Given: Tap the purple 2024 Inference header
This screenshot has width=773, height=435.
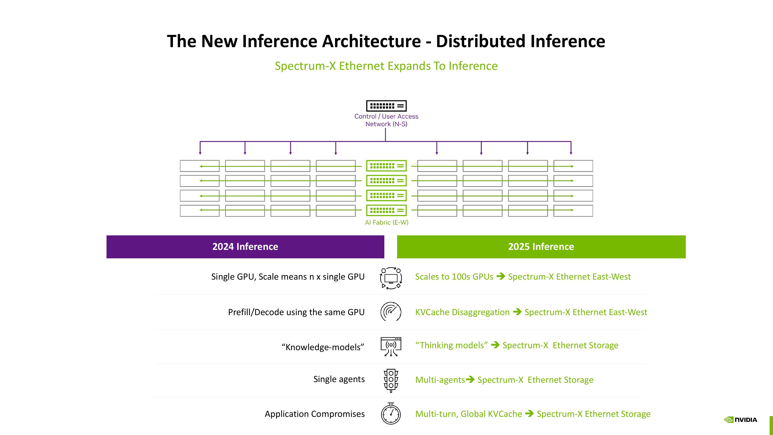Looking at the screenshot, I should pos(245,247).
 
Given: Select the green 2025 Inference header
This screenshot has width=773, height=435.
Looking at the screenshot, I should pos(541,247).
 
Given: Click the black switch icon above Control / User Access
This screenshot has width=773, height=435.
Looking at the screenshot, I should pos(386,106).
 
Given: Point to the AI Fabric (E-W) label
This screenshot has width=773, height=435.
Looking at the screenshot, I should pos(386,222).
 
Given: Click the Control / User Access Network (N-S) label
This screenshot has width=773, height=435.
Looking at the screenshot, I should pos(386,120).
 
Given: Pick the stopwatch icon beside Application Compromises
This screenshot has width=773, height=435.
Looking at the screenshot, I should pos(391,414).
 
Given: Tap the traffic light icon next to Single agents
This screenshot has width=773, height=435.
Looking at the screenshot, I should pos(391,380).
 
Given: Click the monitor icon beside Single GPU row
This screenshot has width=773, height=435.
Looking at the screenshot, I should pos(391,278).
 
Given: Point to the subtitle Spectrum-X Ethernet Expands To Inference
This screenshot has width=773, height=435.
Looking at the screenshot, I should pos(386,66).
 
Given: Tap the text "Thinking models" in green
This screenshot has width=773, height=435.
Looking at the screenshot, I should pos(451,345).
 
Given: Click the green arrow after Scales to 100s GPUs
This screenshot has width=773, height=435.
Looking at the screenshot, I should pos(501,276).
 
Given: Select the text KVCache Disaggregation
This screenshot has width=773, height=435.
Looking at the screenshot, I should pos(462,312).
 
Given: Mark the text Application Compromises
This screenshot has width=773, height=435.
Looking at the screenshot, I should pos(315,414).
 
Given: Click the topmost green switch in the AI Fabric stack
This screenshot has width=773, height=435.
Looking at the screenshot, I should pos(386,166).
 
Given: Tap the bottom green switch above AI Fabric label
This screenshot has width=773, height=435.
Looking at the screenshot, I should pos(386,210).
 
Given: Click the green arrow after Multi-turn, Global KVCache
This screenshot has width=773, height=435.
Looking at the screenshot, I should pos(529,414).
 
